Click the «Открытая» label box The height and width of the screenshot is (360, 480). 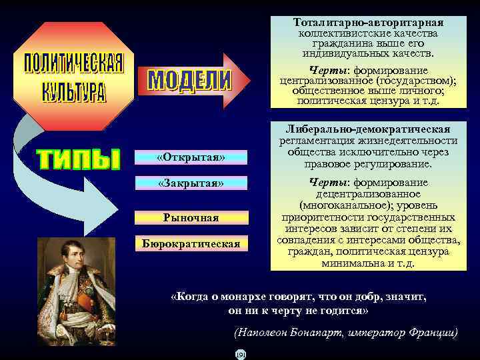[x=191, y=157]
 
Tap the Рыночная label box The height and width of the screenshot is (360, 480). [x=191, y=217]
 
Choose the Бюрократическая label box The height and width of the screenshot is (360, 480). [x=191, y=243]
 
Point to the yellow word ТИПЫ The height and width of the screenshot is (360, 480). [x=78, y=159]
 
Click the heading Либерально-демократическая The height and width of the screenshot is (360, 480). [x=369, y=129]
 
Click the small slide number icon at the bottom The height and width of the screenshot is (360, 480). [x=241, y=353]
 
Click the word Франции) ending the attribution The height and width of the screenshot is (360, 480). [x=434, y=332]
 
